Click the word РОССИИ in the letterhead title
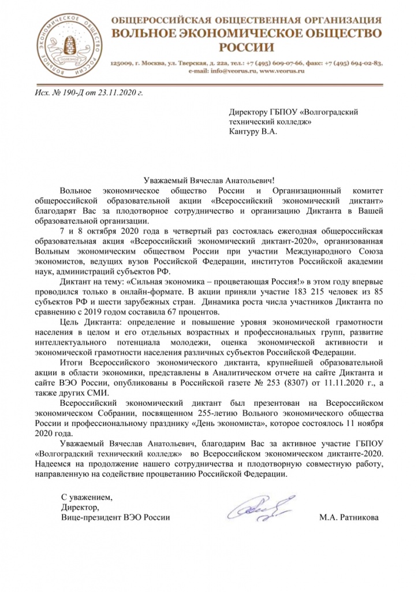tap(247, 46)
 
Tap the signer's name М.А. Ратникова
tap(349, 516)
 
